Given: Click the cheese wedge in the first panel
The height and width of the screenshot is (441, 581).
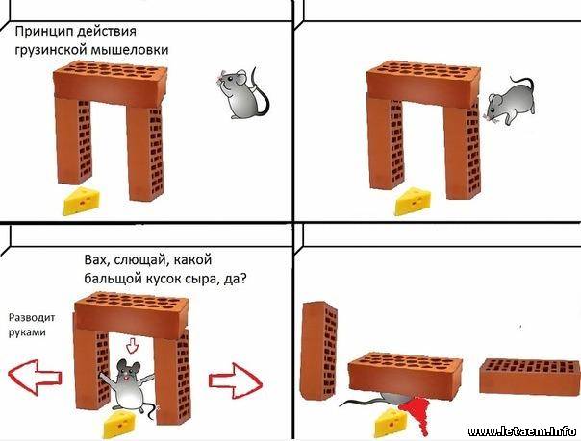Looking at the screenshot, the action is click(82, 201).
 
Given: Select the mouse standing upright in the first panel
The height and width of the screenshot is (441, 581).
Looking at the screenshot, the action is click(242, 92).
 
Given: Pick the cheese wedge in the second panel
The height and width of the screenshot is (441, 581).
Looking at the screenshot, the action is click(413, 202).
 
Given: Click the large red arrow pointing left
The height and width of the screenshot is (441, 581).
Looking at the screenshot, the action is click(35, 378).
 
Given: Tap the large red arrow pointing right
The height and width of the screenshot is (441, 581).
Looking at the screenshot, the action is click(236, 380).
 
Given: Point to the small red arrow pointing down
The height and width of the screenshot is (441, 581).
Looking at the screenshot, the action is click(132, 345).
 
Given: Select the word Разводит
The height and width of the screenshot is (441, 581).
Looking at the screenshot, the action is click(32, 317).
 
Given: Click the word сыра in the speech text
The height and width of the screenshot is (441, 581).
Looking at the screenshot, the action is click(204, 279).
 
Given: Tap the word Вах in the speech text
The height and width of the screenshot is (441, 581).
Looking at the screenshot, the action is click(97, 259).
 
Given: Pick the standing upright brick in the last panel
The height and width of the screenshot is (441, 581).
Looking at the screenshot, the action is click(319, 351).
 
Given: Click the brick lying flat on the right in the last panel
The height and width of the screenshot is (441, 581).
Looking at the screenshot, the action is click(529, 377).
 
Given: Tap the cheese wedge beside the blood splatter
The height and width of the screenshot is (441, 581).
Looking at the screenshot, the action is click(391, 424).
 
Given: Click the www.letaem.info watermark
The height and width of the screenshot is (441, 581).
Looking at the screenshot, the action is click(522, 431).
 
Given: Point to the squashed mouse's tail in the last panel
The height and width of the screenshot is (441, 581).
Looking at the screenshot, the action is click(362, 402).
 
